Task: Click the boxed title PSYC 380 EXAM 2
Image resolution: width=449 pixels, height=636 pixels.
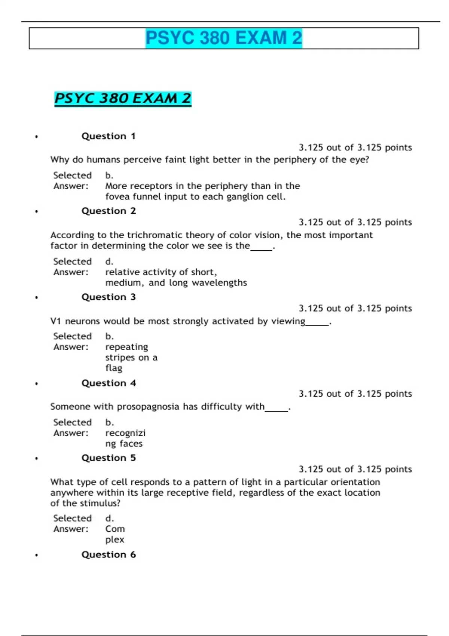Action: click(x=224, y=38)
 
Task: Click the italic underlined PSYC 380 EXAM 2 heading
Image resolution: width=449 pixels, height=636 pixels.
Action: click(x=123, y=99)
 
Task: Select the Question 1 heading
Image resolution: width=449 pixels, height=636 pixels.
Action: click(x=109, y=136)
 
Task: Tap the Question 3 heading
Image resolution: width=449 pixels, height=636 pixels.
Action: click(x=109, y=297)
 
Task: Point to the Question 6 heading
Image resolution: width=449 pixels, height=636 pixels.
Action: click(x=109, y=554)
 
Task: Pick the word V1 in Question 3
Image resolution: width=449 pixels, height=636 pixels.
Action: click(x=56, y=321)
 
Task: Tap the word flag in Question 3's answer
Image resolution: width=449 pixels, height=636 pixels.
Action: click(x=114, y=368)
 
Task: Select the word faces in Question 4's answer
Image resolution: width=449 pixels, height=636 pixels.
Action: click(x=131, y=444)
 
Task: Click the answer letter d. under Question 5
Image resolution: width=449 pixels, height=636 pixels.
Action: click(x=109, y=519)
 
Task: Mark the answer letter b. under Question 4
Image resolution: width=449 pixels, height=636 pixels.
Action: click(x=109, y=422)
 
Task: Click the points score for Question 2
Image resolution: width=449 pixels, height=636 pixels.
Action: click(x=355, y=222)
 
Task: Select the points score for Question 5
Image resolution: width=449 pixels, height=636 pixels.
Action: click(x=355, y=469)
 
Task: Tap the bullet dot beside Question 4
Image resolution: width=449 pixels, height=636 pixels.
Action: click(x=36, y=383)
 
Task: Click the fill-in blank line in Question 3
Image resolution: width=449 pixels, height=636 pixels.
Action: click(x=317, y=324)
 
